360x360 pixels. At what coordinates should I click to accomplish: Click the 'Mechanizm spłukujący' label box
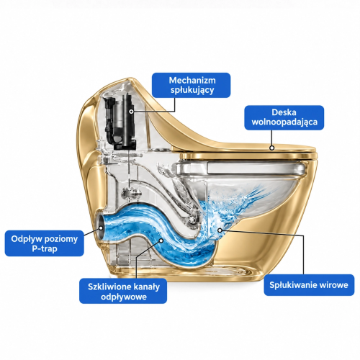pos(192,85)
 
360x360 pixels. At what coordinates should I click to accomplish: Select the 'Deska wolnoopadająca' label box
pos(284,117)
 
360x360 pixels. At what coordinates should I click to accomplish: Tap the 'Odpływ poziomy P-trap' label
pos(45,243)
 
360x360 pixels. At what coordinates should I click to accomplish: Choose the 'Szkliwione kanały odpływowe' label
pos(123,291)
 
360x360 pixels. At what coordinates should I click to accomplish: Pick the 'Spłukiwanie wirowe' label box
pos(309,285)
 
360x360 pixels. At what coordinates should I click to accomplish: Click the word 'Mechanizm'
pos(192,81)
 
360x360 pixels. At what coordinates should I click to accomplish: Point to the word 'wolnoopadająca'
pos(284,122)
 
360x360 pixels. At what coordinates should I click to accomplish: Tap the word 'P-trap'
pos(45,248)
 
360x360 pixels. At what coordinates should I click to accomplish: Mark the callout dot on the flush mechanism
pos(131,112)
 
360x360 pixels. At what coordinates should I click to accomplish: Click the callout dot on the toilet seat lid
pos(272,148)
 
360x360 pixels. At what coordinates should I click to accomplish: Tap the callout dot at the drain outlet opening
pos(101,228)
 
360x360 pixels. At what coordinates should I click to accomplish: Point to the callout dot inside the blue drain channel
pos(161,240)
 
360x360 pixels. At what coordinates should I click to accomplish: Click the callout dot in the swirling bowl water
pos(220,230)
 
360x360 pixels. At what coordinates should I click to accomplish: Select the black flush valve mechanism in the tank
pos(120,121)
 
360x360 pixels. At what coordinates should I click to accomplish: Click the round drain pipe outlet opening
pos(102,228)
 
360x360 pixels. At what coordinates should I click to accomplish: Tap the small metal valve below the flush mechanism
pos(131,192)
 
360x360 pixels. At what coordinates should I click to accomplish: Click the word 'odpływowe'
pos(124,297)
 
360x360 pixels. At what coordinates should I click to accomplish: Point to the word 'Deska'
pos(284,112)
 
